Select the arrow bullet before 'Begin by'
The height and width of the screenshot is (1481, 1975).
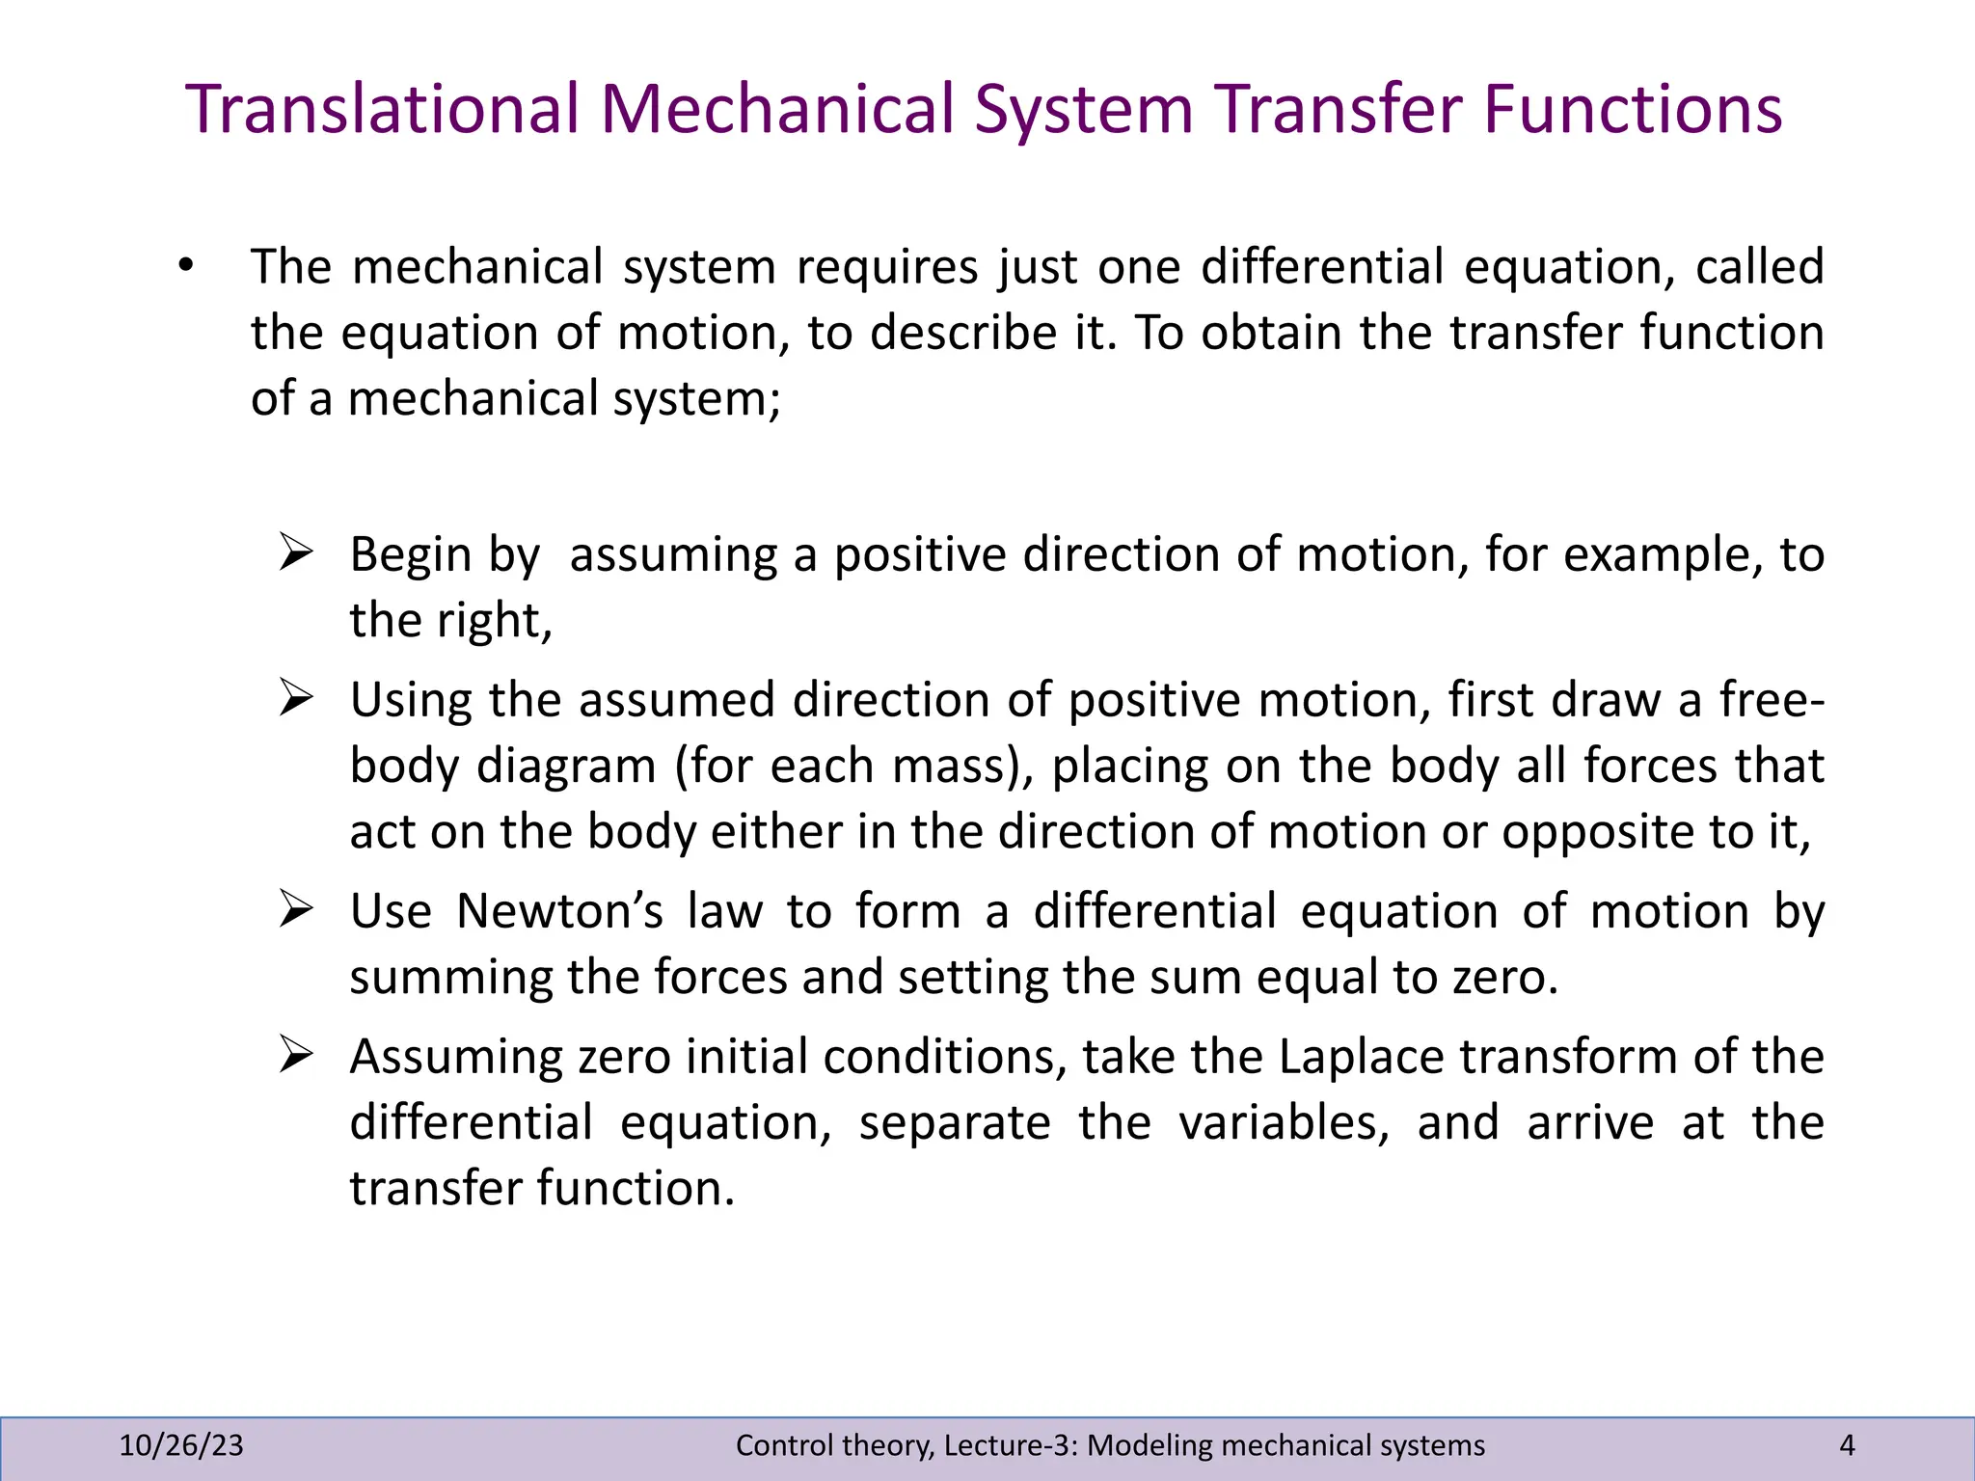tap(296, 553)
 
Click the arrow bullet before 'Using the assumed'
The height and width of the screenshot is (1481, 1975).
tap(296, 698)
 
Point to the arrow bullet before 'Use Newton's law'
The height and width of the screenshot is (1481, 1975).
tap(296, 909)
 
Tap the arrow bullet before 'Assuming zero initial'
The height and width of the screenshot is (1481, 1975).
tap(296, 1055)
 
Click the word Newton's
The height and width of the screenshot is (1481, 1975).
tap(559, 911)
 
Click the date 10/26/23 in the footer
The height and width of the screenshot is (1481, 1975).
tap(181, 1445)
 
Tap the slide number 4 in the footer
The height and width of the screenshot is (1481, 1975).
tap(1847, 1445)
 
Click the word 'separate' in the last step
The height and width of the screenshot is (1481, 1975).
tap(954, 1123)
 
